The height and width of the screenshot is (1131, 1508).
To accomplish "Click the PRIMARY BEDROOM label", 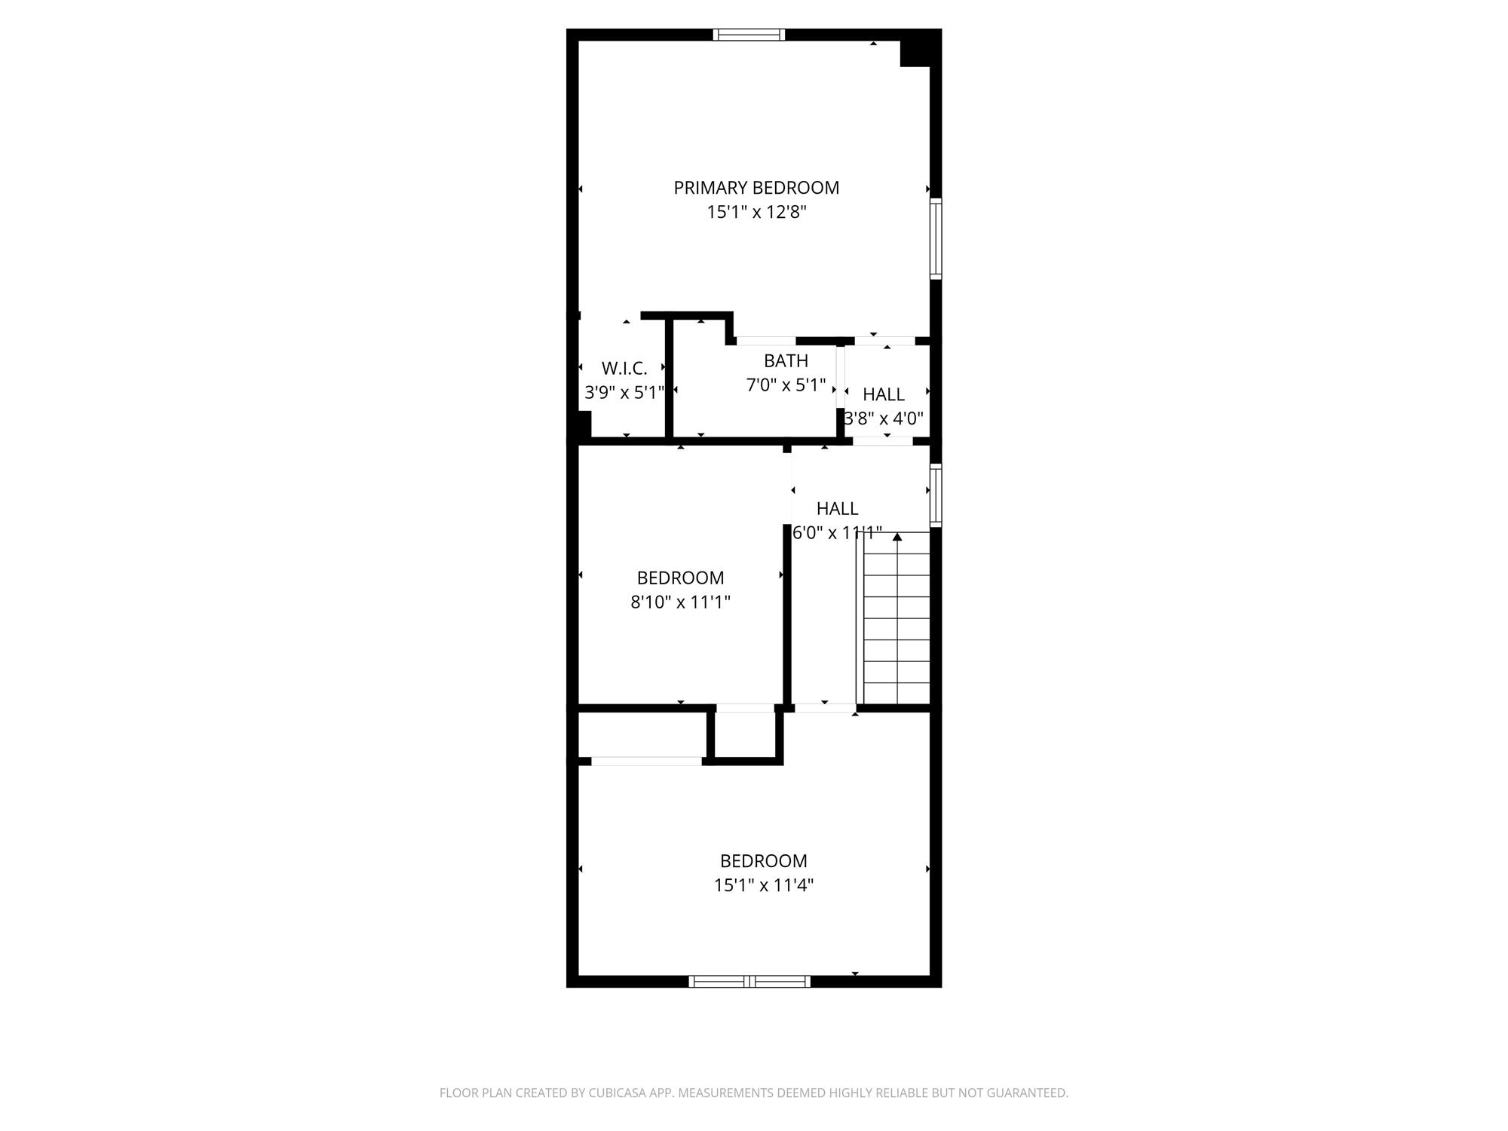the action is (756, 188).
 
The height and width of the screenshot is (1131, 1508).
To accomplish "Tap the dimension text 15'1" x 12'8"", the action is (756, 212).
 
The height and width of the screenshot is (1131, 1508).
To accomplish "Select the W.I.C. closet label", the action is (624, 369).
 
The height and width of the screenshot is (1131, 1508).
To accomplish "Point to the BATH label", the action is (786, 360).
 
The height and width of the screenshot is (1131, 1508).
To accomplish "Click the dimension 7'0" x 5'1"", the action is (786, 385).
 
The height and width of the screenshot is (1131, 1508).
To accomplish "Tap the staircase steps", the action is (897, 618).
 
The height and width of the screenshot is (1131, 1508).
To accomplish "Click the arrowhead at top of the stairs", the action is (897, 537).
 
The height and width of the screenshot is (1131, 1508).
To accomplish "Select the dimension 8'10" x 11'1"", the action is (680, 602).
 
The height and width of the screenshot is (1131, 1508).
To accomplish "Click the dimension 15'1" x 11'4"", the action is (764, 885).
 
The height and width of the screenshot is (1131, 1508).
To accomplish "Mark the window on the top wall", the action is (749, 35).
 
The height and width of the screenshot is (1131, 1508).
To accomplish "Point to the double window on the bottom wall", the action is (749, 981).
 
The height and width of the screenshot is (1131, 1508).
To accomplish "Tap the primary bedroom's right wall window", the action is (936, 238).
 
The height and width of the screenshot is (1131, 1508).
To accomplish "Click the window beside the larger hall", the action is (936, 495).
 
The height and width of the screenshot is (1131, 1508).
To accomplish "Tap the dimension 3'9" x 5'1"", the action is (624, 393).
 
